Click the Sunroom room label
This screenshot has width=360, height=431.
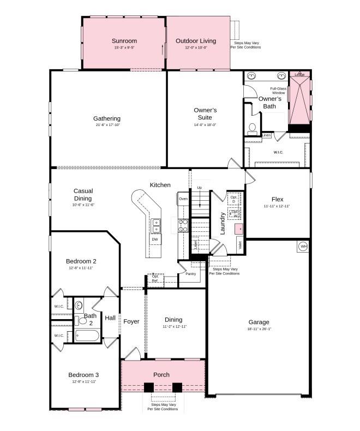click(124, 41)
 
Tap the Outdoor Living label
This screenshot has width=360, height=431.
click(195, 41)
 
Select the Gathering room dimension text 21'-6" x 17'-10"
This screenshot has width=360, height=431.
click(106, 125)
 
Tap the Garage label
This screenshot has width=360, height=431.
click(259, 322)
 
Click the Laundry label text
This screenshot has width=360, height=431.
click(223, 223)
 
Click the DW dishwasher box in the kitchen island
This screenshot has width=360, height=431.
click(155, 240)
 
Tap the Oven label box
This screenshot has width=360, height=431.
click(183, 199)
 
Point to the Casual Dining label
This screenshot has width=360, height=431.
click(83, 195)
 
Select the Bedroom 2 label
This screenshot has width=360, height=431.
click(81, 261)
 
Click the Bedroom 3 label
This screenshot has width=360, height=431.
click(83, 375)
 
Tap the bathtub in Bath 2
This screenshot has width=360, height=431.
click(87, 334)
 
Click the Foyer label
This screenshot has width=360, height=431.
click(131, 321)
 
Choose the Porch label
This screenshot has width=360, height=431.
click(161, 375)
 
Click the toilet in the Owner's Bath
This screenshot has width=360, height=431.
click(252, 129)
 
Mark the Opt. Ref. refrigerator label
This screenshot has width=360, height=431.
click(155, 278)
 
